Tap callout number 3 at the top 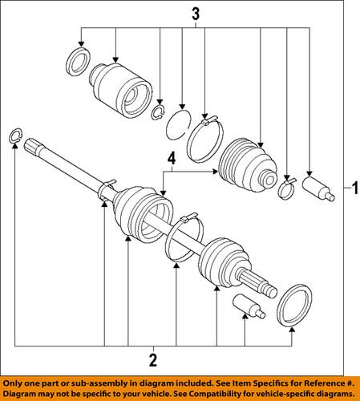(x=193, y=14)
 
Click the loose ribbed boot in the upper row (x=249, y=167)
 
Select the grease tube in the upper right (x=318, y=188)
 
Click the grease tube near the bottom (x=245, y=307)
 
